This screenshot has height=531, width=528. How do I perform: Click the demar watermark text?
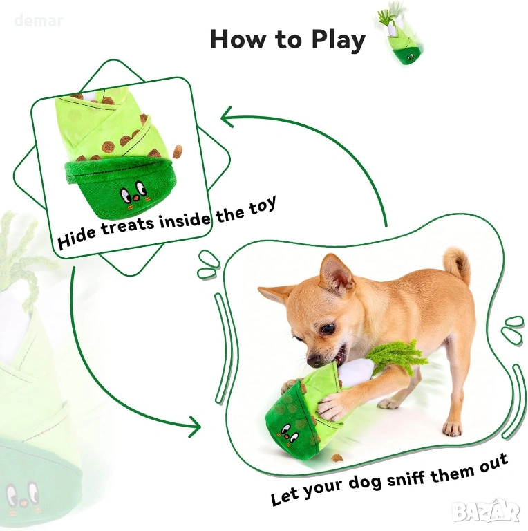coord(39,21)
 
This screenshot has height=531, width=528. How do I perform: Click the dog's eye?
coord(328,328)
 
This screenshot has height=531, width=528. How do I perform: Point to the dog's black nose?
coord(314,361)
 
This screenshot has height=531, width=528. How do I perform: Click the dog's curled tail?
coord(458,265)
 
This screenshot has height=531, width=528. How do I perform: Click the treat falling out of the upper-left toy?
coord(178,151)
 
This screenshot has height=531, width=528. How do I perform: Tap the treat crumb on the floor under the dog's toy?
coord(337,458)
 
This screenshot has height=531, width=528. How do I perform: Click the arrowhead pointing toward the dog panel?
coord(195,426)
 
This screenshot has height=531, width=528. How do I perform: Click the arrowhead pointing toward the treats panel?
coord(227,117)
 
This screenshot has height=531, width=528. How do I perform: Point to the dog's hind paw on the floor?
coord(452,429)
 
